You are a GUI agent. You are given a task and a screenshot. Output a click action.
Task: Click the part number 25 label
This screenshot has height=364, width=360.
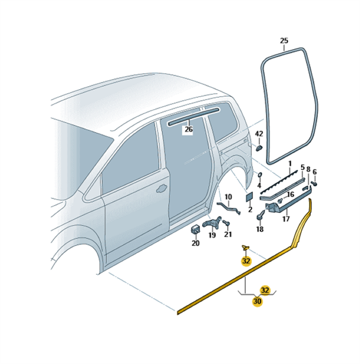[284, 41]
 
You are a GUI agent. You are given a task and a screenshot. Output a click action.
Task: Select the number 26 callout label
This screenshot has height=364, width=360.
[189, 129]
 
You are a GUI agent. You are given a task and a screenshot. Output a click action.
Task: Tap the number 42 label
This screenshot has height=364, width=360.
[259, 134]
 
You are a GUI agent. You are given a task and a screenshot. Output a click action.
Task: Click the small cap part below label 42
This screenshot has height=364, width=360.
[259, 147]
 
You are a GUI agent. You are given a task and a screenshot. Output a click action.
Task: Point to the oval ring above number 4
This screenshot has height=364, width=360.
[260, 174]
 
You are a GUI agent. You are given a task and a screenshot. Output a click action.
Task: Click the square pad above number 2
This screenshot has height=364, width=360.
[250, 197]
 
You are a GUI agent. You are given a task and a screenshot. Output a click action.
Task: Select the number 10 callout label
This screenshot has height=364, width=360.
[228, 197]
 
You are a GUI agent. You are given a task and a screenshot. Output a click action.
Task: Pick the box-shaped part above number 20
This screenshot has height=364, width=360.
[195, 229]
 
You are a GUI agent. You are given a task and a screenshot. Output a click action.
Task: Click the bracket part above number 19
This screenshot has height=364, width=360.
[212, 223]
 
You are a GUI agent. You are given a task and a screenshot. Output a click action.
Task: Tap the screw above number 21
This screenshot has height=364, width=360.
[226, 223]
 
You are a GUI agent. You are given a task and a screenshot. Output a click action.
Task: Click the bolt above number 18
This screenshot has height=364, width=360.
[260, 215]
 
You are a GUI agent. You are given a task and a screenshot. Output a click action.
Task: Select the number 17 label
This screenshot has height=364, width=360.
[286, 218]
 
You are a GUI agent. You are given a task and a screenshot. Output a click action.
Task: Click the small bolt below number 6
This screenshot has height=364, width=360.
[314, 184]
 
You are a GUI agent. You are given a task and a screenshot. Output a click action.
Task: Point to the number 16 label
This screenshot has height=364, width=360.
[291, 194]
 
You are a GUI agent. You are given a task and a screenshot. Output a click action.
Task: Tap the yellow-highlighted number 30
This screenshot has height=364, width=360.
[257, 302]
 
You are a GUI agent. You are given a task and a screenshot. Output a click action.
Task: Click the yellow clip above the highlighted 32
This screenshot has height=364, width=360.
[245, 248]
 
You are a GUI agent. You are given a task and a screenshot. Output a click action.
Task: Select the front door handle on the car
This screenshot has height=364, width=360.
[162, 188]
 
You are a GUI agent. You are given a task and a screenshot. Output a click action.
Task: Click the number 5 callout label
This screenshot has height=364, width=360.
[302, 167]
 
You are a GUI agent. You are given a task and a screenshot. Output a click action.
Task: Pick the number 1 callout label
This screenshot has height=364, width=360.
[290, 163]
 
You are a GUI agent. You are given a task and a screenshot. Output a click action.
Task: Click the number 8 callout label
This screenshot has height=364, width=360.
[308, 169]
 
